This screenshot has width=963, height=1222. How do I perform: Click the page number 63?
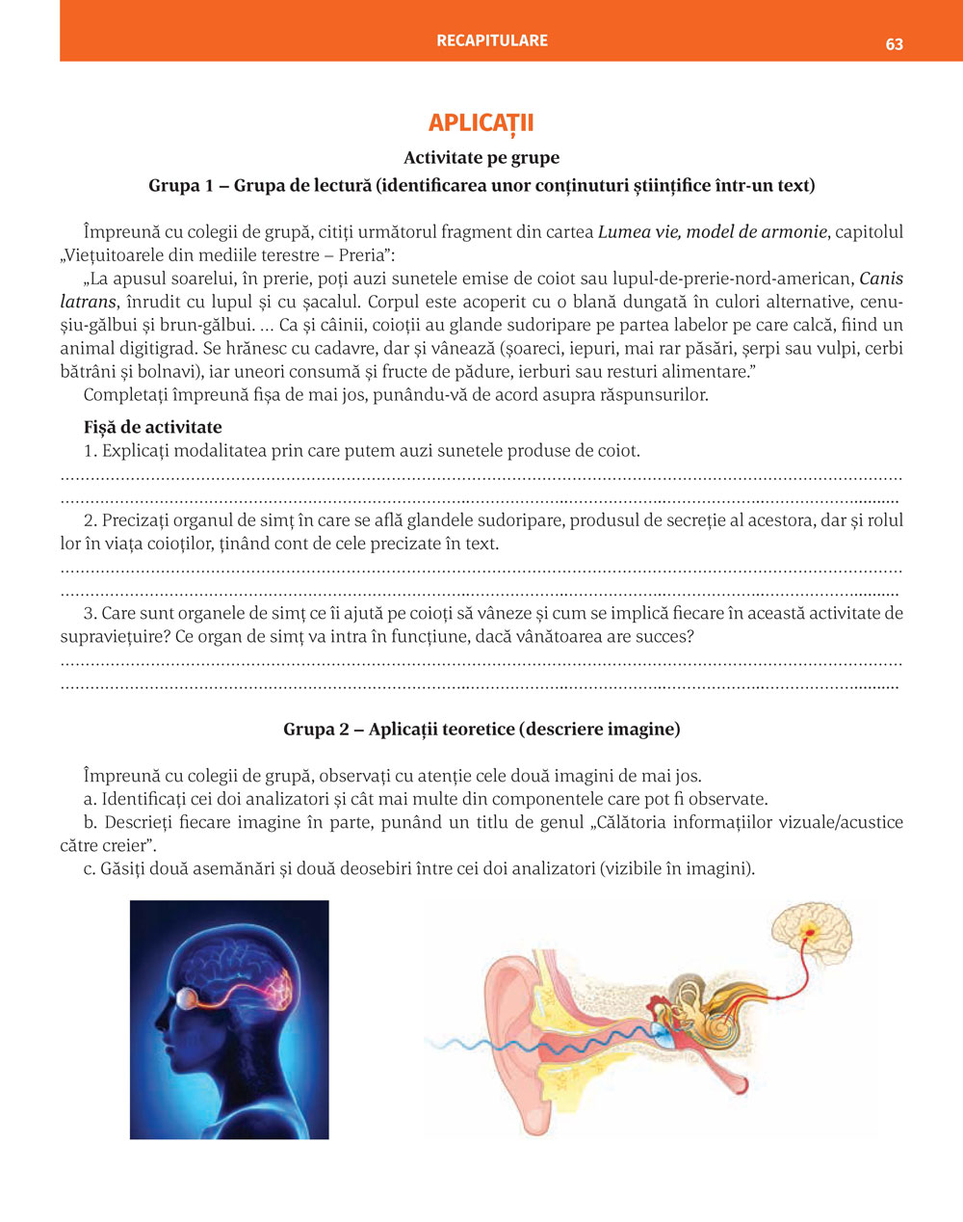[894, 44]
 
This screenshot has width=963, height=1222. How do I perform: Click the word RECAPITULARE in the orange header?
[492, 40]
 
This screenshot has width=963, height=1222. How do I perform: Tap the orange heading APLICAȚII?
[481, 123]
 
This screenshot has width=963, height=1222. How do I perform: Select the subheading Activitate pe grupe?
[481, 158]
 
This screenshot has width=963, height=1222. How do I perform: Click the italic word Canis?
[881, 279]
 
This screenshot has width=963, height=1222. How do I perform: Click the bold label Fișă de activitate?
[152, 427]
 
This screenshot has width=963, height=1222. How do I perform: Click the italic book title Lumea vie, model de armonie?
[712, 232]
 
